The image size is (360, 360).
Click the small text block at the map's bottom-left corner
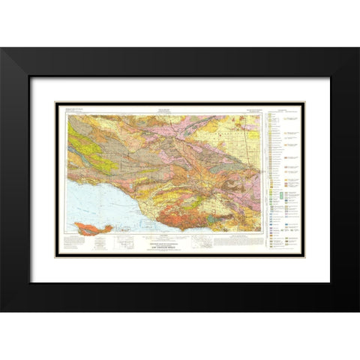coord(79,244)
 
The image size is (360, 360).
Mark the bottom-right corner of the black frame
coord(358,312)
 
